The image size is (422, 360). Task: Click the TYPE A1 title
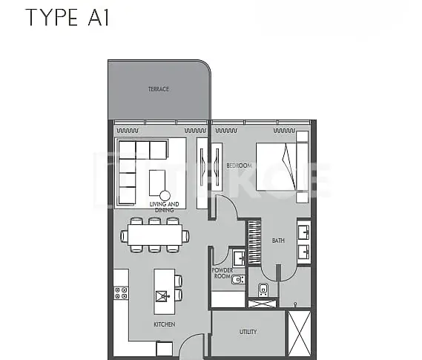[67, 18]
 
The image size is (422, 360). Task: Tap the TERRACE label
[159, 89]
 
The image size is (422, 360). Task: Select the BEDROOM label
[239, 166]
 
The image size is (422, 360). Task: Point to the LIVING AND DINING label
[164, 207]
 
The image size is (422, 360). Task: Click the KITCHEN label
[165, 324]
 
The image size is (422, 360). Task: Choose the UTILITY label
[248, 332]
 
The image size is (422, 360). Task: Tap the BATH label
[278, 240]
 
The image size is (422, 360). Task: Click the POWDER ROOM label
[222, 273]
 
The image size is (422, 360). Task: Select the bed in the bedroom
[282, 167]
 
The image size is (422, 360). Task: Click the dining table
[155, 235]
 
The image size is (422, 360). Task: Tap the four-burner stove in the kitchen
[121, 293]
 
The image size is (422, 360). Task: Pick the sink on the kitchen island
[162, 296]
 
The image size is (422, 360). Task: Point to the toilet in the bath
[263, 290]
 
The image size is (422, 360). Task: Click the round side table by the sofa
[165, 196]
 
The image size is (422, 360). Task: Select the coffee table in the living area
[157, 183]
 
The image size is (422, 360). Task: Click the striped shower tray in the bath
[254, 242]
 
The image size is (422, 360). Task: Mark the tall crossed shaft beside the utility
[300, 333]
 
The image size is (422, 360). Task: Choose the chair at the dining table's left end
[124, 236]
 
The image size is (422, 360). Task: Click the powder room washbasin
[239, 258]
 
